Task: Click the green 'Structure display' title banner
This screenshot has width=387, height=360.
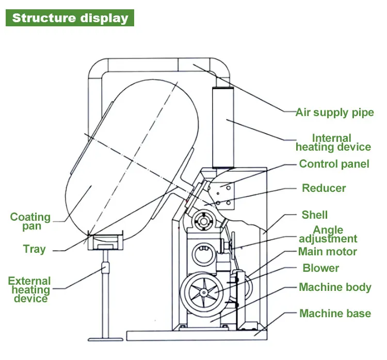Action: coord(70,18)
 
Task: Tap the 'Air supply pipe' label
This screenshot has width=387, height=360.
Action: coord(334,112)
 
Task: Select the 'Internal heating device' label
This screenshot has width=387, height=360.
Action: coord(333,142)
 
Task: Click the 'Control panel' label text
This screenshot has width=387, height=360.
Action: coord(334,164)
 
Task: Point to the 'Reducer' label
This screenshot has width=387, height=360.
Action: coord(324,188)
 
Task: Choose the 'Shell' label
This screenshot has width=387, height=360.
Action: coord(314,215)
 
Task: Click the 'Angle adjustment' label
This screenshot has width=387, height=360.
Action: coord(328,234)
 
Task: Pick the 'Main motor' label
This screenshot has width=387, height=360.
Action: coord(328,252)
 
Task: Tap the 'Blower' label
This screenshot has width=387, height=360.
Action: coord(320,268)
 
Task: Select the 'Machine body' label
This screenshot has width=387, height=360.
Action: coord(335,287)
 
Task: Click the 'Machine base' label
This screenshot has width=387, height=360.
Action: coord(335,313)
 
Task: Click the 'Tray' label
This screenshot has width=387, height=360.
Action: coord(34,249)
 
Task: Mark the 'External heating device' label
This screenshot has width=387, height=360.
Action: coord(29,290)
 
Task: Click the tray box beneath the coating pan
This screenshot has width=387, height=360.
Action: coord(106,241)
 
